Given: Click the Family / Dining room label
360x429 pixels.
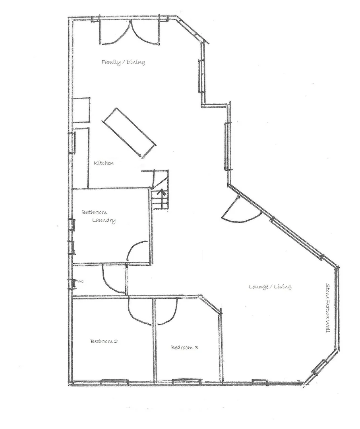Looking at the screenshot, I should [123, 62].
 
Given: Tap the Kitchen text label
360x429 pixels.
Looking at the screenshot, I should [104, 163].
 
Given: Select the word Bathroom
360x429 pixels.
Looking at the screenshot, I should [94, 213].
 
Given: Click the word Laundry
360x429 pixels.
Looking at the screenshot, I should [104, 220].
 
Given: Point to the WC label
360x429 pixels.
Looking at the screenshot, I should [81, 281].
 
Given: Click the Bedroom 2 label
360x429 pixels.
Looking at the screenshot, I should [104, 341].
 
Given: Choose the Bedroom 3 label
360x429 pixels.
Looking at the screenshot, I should [184, 348].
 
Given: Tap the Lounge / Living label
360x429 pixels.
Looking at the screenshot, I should [270, 287].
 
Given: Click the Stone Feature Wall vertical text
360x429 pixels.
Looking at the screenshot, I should [328, 307].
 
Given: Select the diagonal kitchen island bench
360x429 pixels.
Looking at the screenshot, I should [129, 132].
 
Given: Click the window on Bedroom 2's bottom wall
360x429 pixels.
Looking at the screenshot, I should [114, 382].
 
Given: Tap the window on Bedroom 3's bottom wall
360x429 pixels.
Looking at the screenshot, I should [186, 382].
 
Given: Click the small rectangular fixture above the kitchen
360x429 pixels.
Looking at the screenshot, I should [81, 110].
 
